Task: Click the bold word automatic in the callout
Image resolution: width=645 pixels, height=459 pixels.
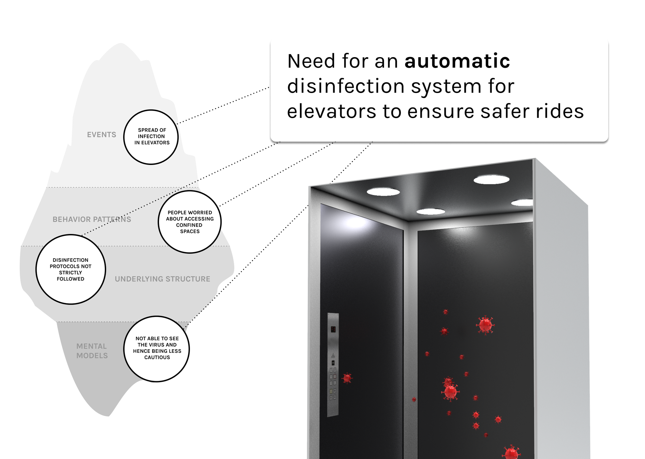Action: (457, 61)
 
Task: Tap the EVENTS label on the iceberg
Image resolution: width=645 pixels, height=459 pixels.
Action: (102, 135)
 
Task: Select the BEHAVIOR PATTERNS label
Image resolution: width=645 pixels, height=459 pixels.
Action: (92, 219)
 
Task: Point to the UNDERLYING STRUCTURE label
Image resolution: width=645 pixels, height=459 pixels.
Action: (163, 279)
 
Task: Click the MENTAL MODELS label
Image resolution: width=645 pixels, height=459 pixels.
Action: (92, 351)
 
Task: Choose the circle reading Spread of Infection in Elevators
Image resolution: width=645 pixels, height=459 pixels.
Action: (151, 137)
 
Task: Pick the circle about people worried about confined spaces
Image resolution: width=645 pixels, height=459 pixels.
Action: (190, 222)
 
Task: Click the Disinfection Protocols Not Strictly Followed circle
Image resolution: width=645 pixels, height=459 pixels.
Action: (71, 270)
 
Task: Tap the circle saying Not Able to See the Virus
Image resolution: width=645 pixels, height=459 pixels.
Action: (157, 349)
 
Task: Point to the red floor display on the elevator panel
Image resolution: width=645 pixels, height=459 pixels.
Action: (333, 329)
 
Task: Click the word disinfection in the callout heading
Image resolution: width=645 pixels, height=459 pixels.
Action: (346, 87)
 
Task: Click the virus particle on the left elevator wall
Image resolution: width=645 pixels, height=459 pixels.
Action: (347, 378)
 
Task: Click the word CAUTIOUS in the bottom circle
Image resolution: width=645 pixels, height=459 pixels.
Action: (157, 357)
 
